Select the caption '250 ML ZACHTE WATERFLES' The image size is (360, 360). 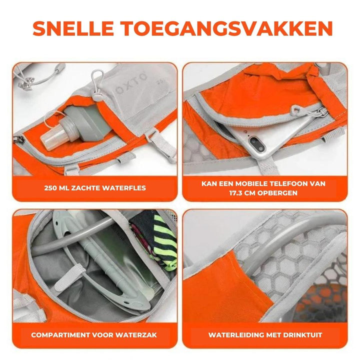tap(94, 188)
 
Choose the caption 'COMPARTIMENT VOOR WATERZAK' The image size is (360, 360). tap(94, 334)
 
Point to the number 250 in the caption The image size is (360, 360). tap(50, 188)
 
